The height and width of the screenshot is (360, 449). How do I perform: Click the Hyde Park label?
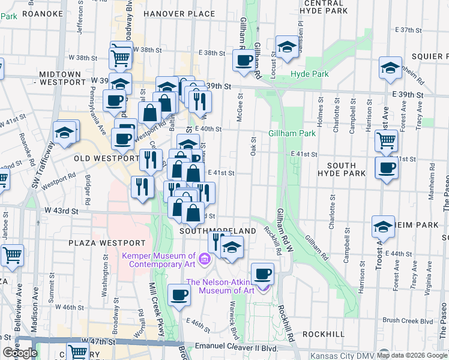point(310,74)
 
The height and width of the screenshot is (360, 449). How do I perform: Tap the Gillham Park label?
point(292,133)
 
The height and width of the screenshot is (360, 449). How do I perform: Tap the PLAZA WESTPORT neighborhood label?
point(107,243)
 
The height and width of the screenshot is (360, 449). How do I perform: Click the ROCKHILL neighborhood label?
point(323,334)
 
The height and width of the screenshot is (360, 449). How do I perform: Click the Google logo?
point(20,352)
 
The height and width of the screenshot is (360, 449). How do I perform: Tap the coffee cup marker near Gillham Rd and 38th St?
point(243,61)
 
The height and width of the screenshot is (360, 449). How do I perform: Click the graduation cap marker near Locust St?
point(287,47)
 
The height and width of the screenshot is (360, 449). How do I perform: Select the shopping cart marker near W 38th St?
point(121,58)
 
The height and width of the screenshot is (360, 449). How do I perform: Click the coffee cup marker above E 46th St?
point(179,295)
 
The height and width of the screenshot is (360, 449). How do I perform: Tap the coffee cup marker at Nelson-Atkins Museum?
point(262,274)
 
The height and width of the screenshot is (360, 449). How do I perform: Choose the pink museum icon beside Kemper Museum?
point(205,260)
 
